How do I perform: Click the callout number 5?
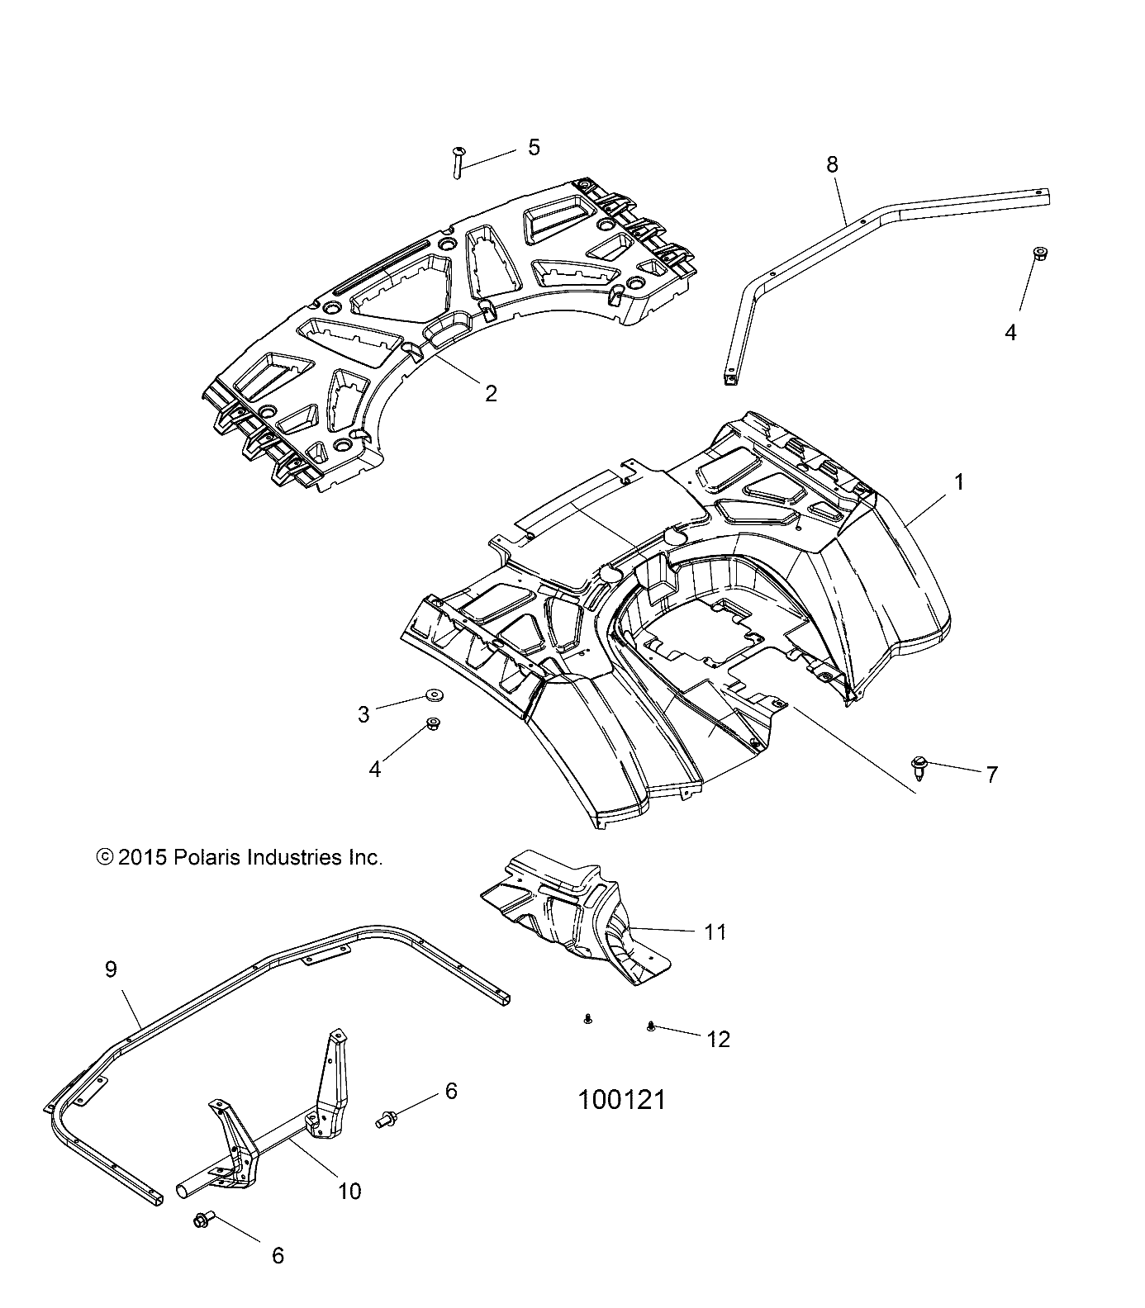[534, 147]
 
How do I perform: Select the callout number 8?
[832, 164]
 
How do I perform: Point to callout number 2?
[491, 393]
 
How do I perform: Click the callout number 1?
[958, 481]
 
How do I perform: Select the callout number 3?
[363, 714]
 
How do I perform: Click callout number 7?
[991, 774]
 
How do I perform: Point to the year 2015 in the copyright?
[143, 857]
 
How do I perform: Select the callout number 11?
[715, 931]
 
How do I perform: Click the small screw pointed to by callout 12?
[651, 1026]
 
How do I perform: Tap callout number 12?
[719, 1039]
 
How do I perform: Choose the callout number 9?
[112, 969]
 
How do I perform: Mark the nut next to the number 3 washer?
[431, 725]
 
